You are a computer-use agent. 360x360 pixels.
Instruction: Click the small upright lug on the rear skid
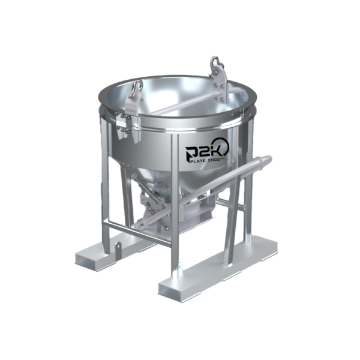coord(118,245)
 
